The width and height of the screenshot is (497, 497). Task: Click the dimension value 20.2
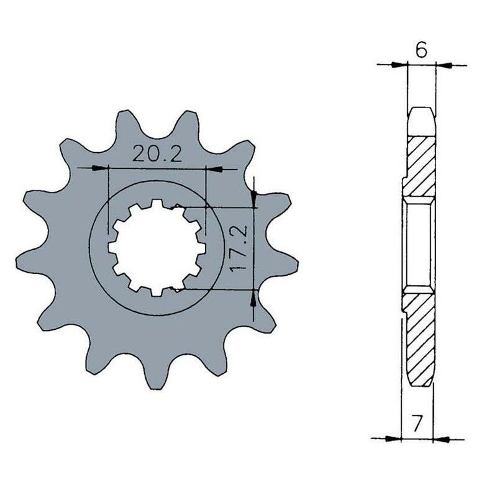(157, 155)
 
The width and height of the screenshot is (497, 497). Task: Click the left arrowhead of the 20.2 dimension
(100, 168)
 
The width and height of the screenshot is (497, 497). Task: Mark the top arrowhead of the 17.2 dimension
(253, 200)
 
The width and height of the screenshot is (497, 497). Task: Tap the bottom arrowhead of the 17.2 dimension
(253, 298)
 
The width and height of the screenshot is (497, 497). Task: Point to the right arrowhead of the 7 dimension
(442, 438)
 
